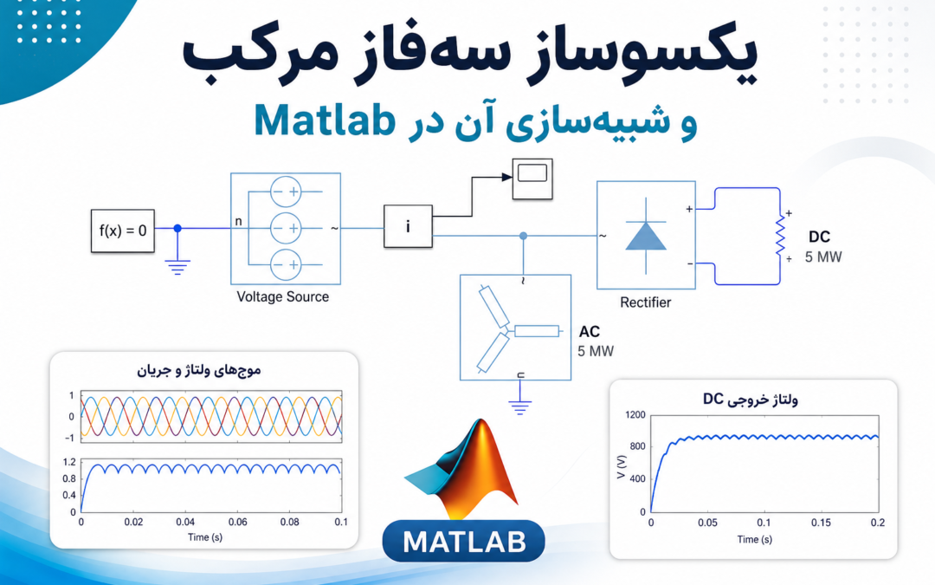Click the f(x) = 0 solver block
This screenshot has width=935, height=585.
click(x=123, y=231)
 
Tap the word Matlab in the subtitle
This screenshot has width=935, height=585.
click(x=325, y=120)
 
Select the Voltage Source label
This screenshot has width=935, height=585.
click(x=282, y=296)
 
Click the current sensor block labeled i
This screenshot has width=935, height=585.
click(x=408, y=226)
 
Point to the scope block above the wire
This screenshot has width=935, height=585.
click(x=532, y=179)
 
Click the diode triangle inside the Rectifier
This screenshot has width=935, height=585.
click(x=646, y=236)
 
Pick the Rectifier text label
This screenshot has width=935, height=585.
click(x=645, y=302)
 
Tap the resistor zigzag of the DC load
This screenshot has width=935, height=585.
click(x=781, y=237)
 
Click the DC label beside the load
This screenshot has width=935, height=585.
click(x=819, y=237)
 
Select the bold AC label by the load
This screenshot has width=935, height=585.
click(x=590, y=332)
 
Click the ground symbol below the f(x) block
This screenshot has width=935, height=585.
click(x=177, y=266)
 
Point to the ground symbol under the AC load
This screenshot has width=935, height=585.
click(x=520, y=408)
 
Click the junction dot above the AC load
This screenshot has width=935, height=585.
click(x=523, y=236)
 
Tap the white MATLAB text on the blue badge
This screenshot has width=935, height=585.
click(x=464, y=542)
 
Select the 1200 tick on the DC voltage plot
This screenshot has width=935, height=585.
click(x=635, y=415)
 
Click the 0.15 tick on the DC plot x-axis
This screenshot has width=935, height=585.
click(x=821, y=523)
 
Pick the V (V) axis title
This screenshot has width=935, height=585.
click(x=622, y=467)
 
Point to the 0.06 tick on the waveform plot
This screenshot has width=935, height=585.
click(x=237, y=522)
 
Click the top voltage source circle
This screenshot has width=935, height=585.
click(x=286, y=192)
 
